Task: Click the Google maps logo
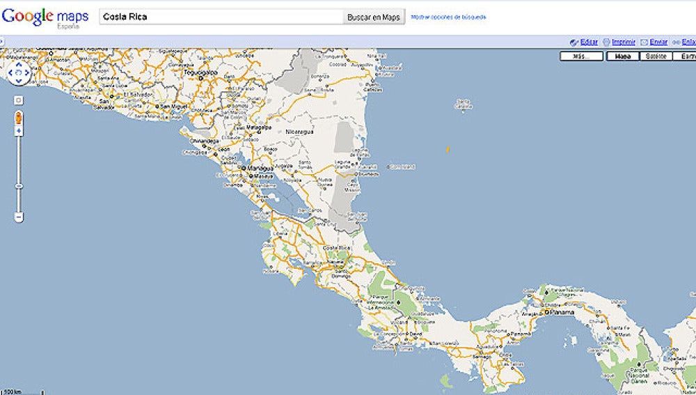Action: click(x=45, y=17)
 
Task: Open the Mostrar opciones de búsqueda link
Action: click(x=448, y=16)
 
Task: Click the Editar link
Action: click(x=588, y=42)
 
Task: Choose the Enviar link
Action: click(x=658, y=42)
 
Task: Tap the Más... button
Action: click(x=581, y=56)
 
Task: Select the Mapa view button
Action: click(x=623, y=56)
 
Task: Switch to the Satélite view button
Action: click(x=656, y=56)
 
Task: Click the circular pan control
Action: click(x=19, y=72)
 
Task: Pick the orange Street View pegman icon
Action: click(x=19, y=116)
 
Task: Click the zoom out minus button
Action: click(x=19, y=217)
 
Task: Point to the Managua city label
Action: click(x=257, y=168)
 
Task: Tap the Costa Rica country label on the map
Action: click(x=335, y=248)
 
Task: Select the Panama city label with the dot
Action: click(x=562, y=313)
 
